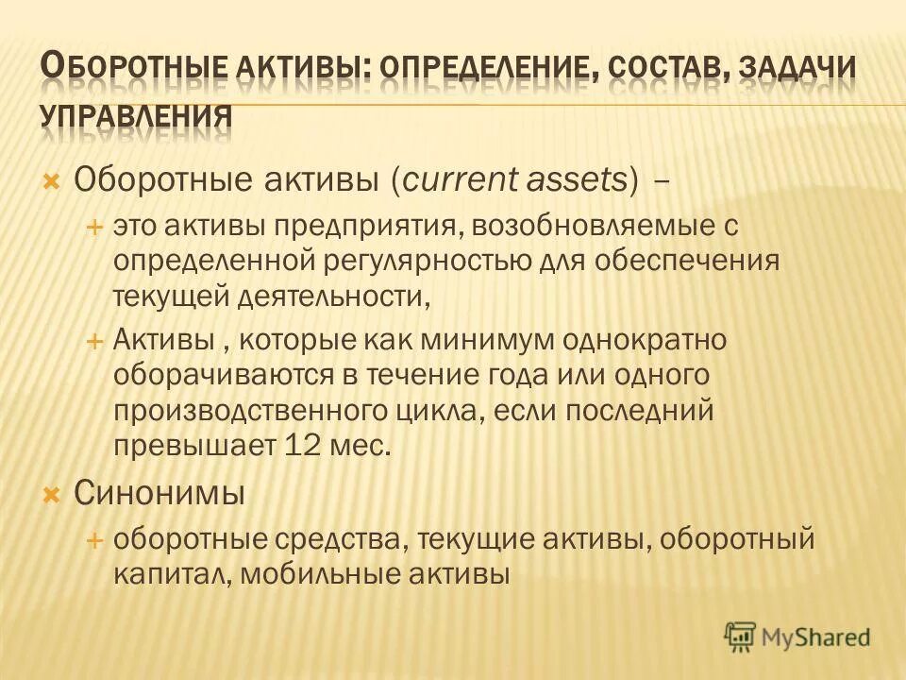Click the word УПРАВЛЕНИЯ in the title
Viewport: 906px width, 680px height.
[x=137, y=114]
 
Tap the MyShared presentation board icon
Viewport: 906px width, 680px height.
[x=741, y=637]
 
